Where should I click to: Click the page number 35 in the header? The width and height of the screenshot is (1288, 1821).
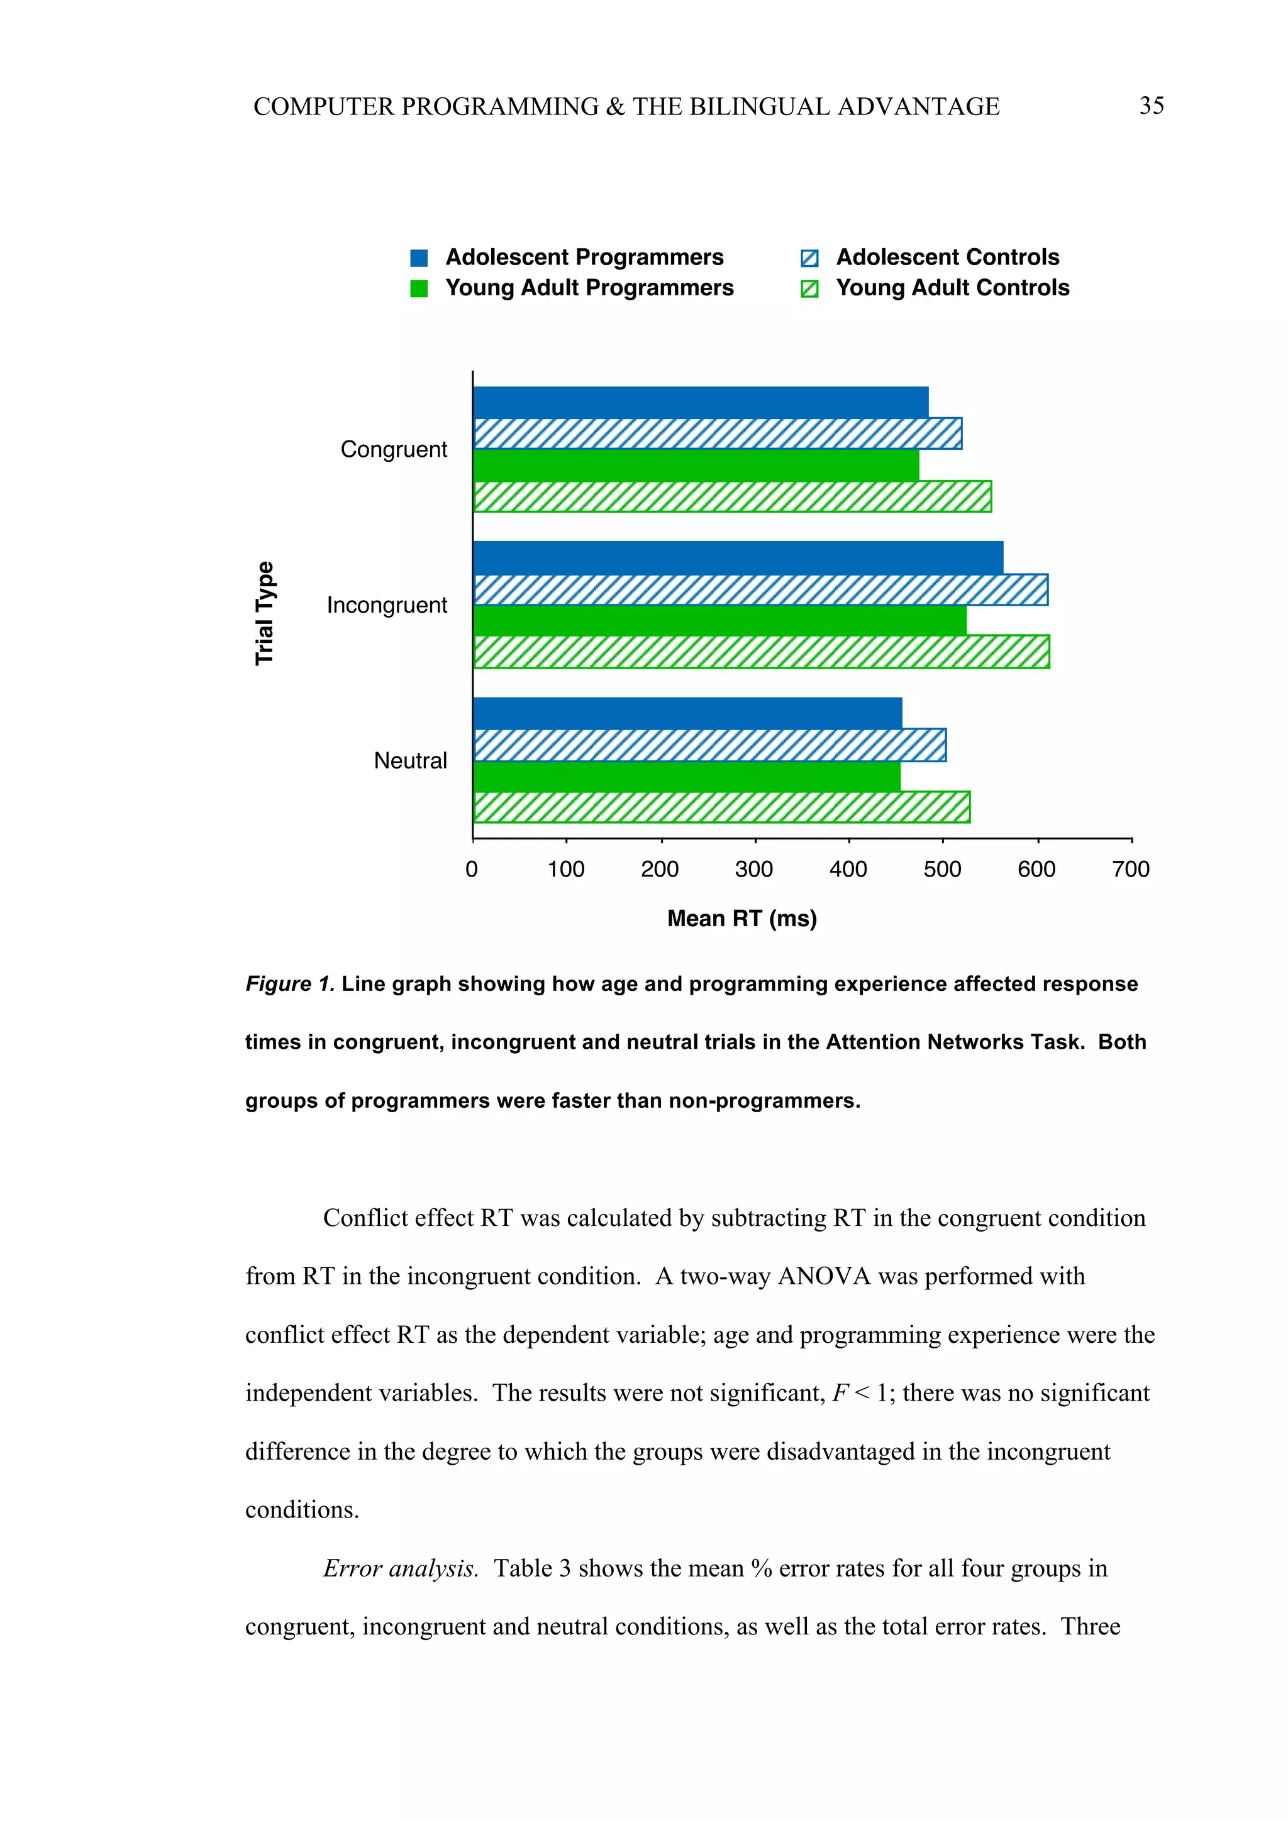1151,106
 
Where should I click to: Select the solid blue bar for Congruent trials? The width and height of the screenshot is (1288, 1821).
700,402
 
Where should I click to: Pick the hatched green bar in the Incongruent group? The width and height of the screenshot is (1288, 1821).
760,652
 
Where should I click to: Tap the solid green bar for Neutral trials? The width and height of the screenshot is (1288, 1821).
687,777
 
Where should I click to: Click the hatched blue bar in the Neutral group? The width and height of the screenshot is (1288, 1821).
709,745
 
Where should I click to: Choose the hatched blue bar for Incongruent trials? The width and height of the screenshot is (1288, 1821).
760,589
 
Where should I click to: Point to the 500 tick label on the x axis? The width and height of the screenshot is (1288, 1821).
942,869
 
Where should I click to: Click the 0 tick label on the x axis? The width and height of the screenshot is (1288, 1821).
472,869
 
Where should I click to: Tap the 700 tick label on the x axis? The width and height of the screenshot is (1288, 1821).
1130,869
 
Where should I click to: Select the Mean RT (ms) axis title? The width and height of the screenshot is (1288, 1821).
741,919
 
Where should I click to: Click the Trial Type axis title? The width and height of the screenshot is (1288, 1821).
264,613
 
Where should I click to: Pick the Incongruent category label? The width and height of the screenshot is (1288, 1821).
387,605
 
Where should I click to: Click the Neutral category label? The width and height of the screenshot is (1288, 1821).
410,760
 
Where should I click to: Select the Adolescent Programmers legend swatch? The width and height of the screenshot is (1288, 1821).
419,258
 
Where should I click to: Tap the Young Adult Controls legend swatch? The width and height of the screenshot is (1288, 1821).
809,288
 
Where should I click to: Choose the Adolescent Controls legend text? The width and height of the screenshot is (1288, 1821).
948,257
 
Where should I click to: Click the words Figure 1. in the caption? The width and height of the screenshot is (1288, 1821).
290,984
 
